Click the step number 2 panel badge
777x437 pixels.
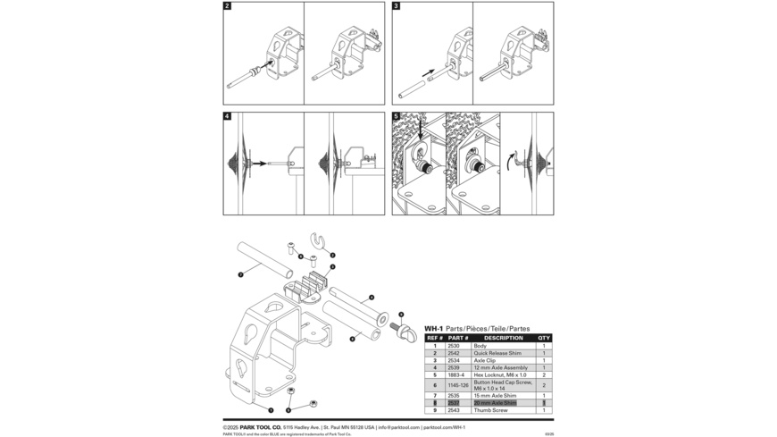(228, 6)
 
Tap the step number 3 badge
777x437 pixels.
(397, 6)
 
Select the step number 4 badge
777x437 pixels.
(228, 116)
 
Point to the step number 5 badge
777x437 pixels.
(397, 116)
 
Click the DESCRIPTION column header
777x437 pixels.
(504, 338)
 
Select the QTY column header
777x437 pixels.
(544, 338)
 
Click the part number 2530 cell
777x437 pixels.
(454, 346)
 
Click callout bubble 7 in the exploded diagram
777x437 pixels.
(240, 274)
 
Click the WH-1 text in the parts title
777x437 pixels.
(433, 328)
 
